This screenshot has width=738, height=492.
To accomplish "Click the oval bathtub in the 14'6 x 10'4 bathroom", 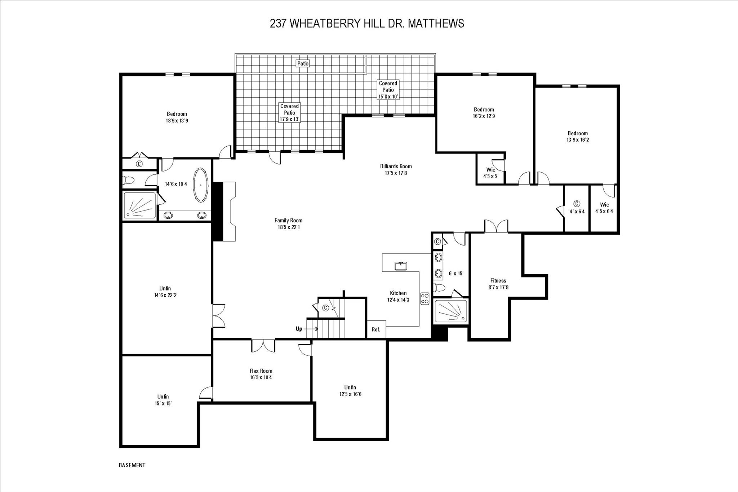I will point(201,185).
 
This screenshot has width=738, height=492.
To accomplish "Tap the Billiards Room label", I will point(396,167).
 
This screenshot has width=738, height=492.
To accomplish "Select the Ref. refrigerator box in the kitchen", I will point(376,329).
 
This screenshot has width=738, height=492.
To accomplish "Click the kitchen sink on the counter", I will point(401,266).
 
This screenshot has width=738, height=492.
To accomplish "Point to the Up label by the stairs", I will point(299,329).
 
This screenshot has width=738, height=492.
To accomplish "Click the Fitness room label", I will point(498,281).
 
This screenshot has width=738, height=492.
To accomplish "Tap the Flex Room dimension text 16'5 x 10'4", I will point(261,377).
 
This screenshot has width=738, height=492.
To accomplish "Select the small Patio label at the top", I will point(303,63).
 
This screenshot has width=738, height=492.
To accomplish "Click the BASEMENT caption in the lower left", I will point(132,465).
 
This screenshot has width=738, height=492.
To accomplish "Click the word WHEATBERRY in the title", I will point(325,23).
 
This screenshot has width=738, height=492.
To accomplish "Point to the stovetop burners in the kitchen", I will point(425,298).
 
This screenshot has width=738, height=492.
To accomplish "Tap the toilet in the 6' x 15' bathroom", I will point(439,288).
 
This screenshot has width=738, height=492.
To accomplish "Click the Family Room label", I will point(288,220).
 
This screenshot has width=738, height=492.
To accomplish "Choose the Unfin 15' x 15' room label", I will point(163,400).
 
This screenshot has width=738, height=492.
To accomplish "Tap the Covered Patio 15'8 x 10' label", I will point(388,90).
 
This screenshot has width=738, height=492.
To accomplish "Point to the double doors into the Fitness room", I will point(496,226).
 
